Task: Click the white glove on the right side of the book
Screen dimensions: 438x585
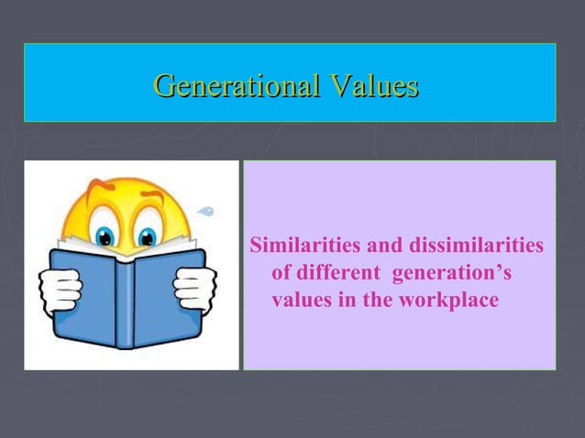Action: coord(194,289)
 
